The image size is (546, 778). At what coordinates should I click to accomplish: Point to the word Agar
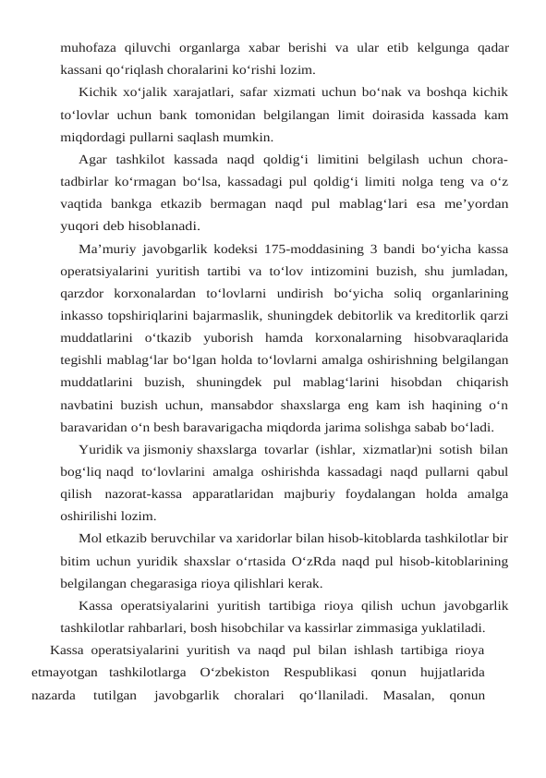[93, 158]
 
